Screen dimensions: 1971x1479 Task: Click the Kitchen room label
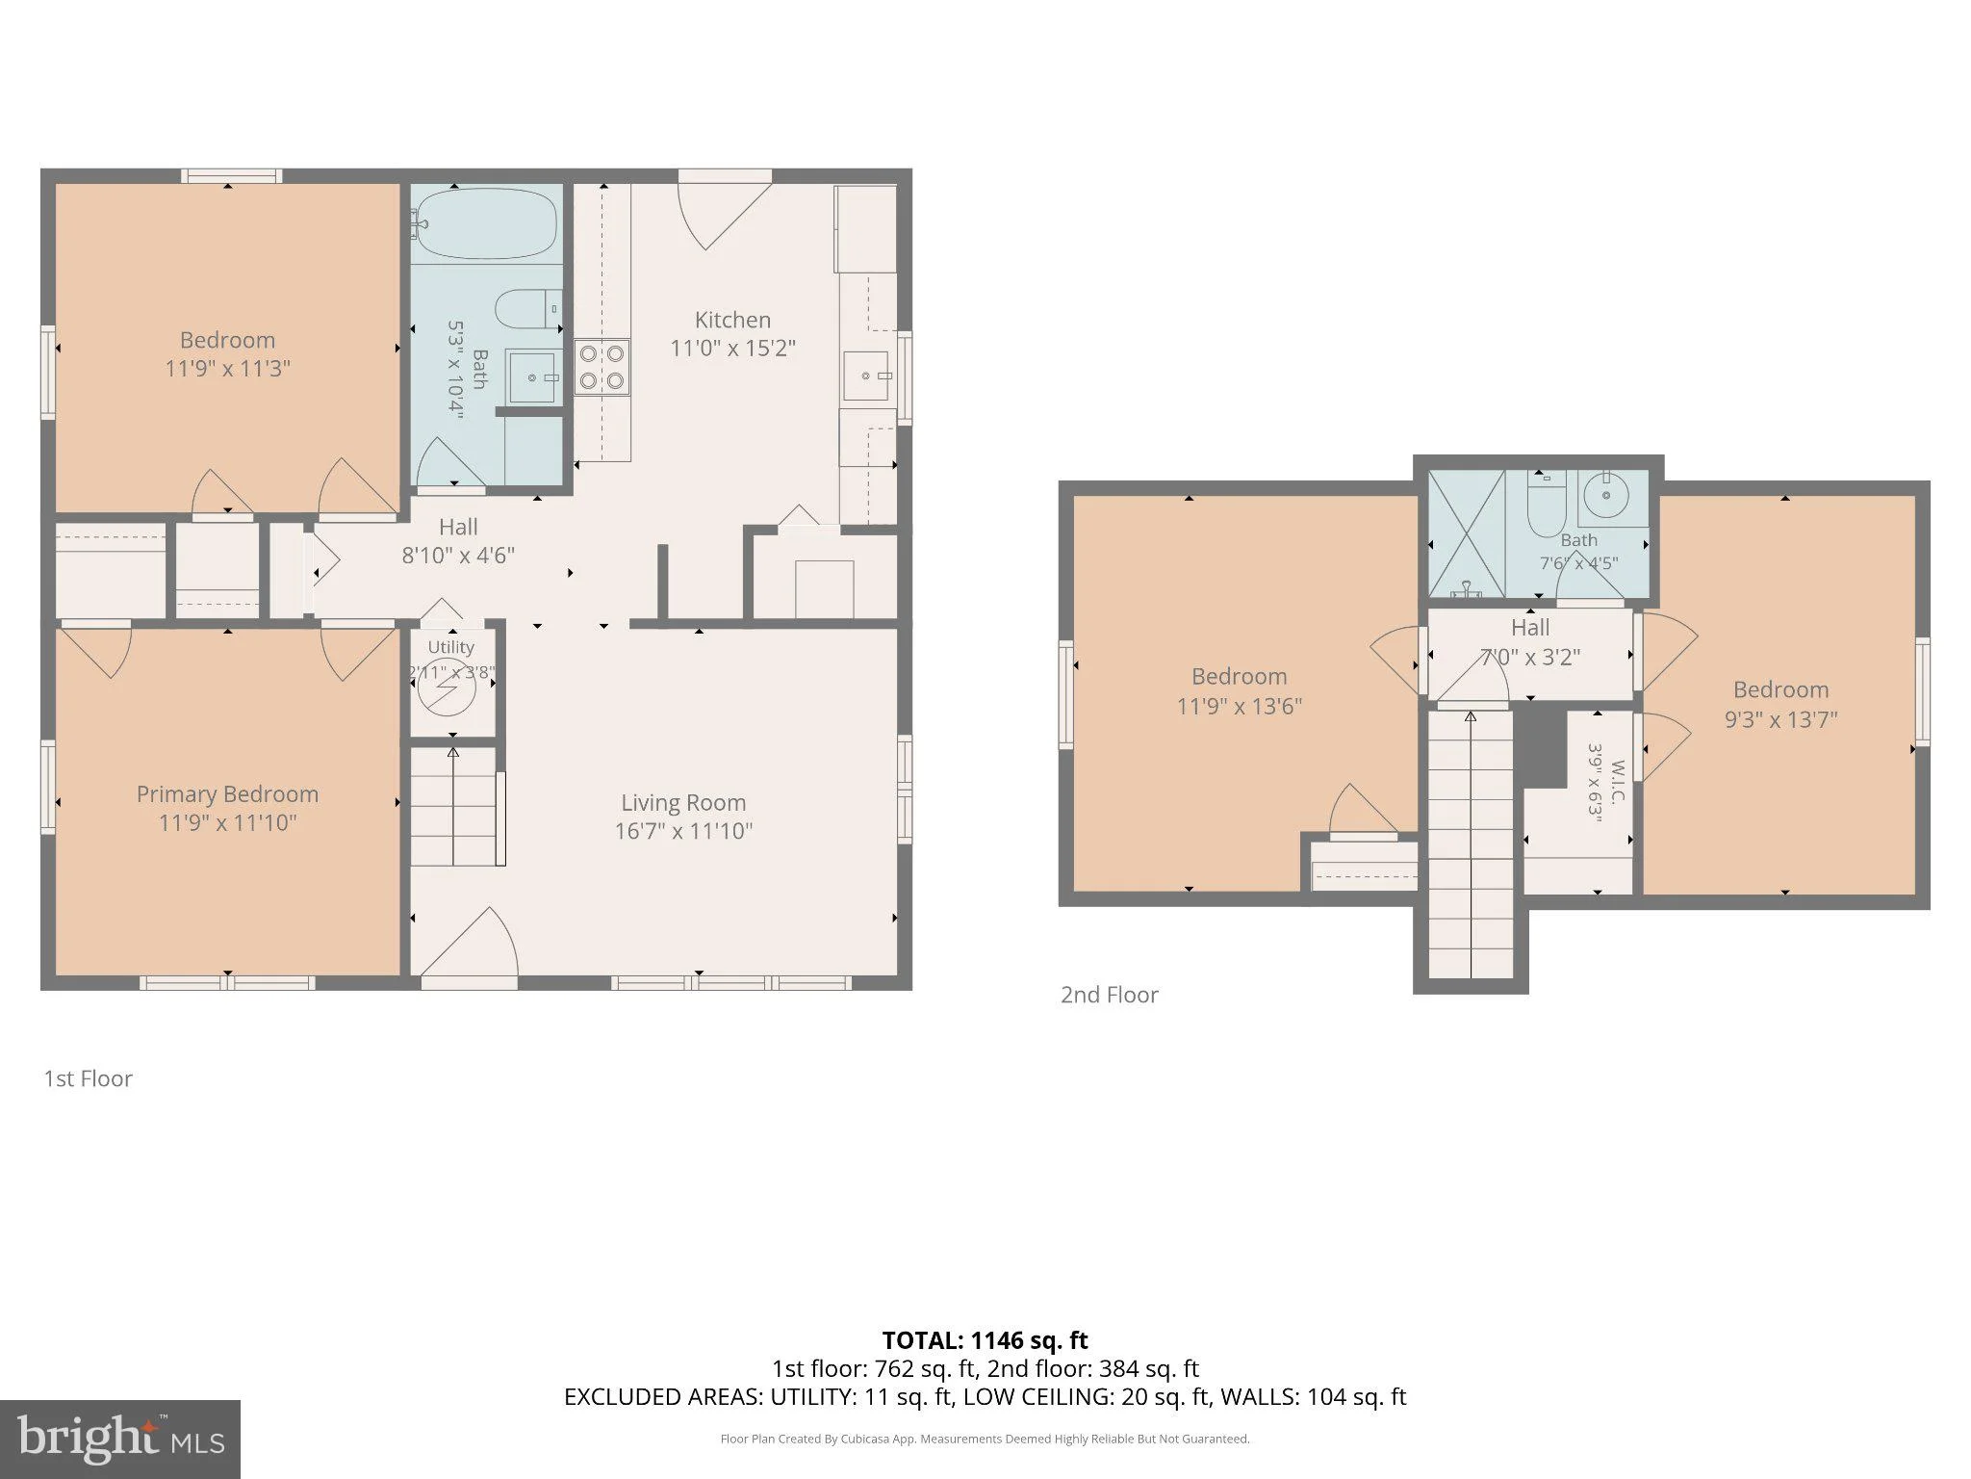732,320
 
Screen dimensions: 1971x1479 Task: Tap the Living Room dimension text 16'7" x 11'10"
683,831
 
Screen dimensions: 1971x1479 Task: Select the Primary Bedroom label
227,794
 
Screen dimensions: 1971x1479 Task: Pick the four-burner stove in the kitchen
602,367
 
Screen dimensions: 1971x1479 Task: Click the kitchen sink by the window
867,376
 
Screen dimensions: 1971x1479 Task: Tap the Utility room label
450,647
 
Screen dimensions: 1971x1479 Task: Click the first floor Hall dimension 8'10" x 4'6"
458,556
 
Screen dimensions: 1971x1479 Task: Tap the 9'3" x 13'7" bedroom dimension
1781,719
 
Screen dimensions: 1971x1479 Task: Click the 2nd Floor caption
1110,995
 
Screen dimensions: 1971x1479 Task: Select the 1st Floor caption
88,1078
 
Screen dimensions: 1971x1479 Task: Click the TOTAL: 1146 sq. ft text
985,1340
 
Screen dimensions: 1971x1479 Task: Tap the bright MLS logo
120,1440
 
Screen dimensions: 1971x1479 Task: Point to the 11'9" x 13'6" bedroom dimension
1240,706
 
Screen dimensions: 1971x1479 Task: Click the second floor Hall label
1530,628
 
